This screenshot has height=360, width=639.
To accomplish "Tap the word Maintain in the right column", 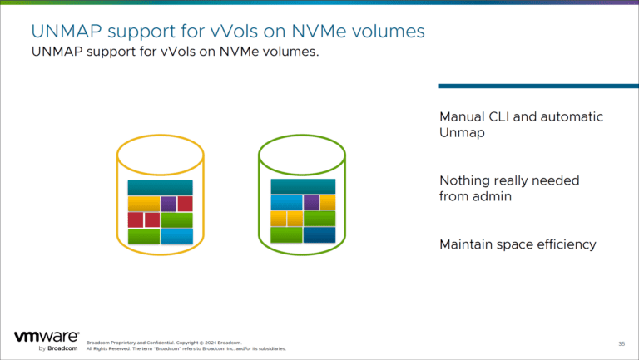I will [468, 244].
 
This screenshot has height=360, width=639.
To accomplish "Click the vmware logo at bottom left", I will [47, 338].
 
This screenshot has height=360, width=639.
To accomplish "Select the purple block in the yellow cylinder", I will [168, 204].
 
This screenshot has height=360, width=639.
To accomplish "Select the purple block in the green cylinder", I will [311, 202].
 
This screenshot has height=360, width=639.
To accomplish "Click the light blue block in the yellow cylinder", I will [176, 236].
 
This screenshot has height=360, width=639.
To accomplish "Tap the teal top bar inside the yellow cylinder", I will [160, 187].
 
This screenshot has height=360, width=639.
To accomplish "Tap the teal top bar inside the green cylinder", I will [303, 186].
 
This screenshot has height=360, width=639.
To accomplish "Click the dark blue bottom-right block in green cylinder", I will [319, 235].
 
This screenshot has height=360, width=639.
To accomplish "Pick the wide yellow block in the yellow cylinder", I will [143, 204].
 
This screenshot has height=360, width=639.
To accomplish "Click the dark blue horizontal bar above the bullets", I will [538, 86].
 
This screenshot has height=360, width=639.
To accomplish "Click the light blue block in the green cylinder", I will [286, 202].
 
